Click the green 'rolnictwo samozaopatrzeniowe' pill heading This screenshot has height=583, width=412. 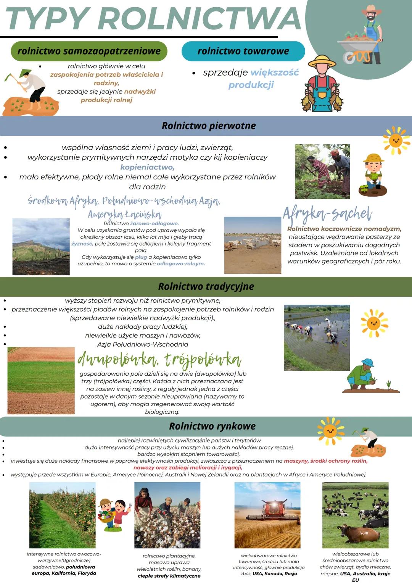click(89, 51)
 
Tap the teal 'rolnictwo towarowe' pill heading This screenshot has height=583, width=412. click(243, 51)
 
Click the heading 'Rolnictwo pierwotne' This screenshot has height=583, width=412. click(209, 126)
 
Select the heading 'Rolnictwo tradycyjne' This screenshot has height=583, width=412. click(206, 286)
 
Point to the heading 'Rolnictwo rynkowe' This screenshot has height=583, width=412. click(212, 426)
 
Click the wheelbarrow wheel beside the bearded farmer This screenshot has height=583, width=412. click(349, 58)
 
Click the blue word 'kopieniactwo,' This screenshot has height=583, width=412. click(147, 167)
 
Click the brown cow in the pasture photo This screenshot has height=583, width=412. click(355, 531)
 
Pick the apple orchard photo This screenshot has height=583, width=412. click(62, 515)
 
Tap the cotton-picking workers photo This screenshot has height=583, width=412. click(167, 515)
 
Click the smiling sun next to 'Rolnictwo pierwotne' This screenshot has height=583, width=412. click(396, 141)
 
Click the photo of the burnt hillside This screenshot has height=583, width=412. click(41, 247)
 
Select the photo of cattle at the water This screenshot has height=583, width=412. click(253, 245)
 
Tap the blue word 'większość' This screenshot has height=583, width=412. click(275, 73)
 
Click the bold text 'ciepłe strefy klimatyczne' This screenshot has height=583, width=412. click(169, 576)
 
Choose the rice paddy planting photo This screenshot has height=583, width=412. click(317, 338)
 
